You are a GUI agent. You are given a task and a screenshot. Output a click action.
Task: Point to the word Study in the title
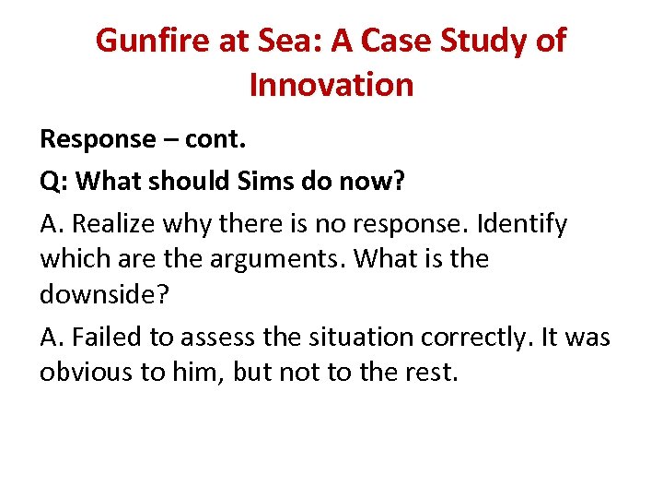(498, 41)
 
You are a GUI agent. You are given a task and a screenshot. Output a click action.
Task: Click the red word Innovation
(331, 85)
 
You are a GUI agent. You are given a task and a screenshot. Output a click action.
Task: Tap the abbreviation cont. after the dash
(217, 139)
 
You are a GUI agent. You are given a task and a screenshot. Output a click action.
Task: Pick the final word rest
(429, 373)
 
